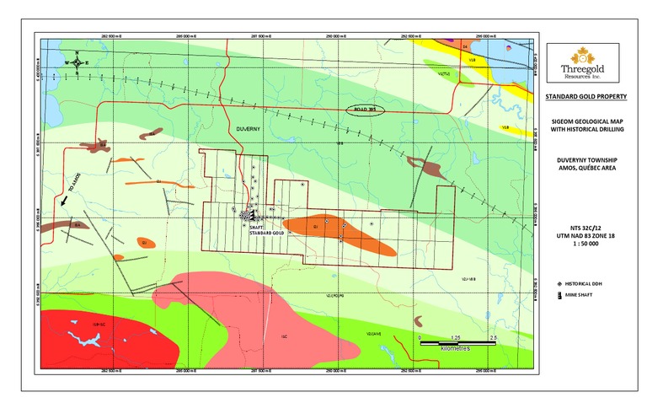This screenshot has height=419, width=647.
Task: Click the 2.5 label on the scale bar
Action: coord(494,336)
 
